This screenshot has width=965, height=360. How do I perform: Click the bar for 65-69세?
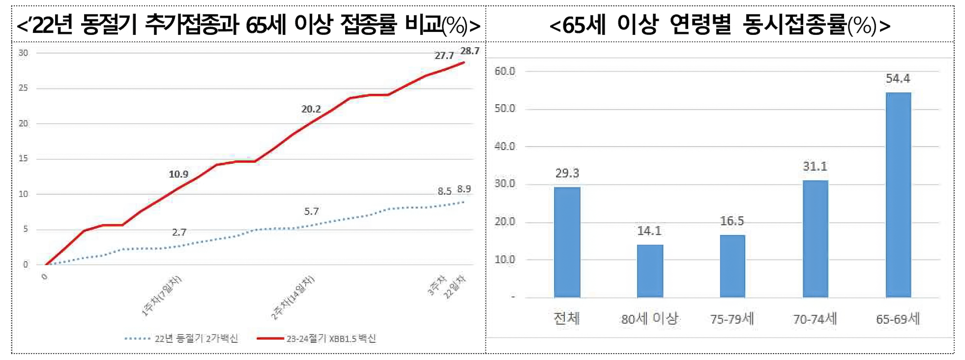(x=898, y=195)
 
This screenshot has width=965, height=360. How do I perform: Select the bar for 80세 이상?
(x=649, y=271)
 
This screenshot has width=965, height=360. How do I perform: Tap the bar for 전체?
(x=567, y=242)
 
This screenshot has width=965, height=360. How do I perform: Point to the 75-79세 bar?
(x=732, y=266)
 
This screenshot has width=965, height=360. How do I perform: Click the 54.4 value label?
(x=898, y=79)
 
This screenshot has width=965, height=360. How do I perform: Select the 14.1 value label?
(x=649, y=231)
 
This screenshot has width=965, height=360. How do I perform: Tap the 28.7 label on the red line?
(x=469, y=51)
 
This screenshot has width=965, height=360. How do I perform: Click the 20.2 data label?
(x=311, y=109)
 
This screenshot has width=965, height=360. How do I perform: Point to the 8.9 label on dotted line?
(x=464, y=189)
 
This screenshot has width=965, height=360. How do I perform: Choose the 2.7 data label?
(x=179, y=232)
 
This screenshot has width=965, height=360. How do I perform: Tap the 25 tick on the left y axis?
(x=23, y=88)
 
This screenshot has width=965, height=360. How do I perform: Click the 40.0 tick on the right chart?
(x=505, y=146)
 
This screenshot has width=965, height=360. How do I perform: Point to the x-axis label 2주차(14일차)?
(x=293, y=298)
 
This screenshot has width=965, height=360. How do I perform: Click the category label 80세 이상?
(x=649, y=319)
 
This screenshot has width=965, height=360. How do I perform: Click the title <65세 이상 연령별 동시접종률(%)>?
(x=720, y=25)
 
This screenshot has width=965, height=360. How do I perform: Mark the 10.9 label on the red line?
(x=178, y=174)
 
